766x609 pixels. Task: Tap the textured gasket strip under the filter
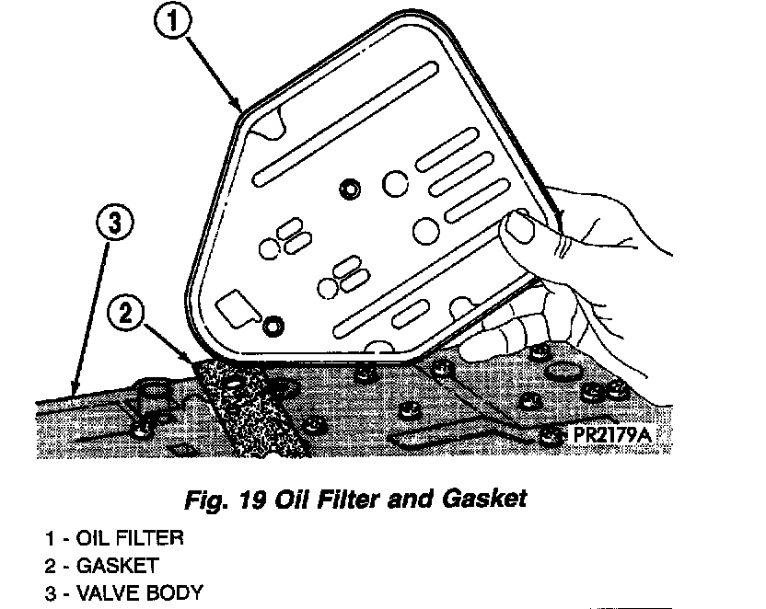pyautogui.click(x=244, y=405)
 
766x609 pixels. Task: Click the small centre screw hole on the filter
pyautogui.click(x=349, y=188)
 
